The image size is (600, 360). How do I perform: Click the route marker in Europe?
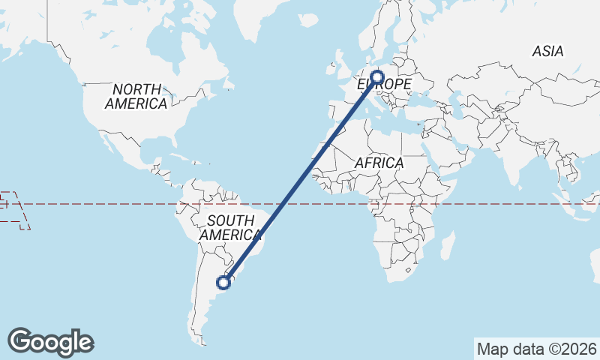[x=376, y=76]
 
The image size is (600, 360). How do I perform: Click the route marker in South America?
[x=223, y=282]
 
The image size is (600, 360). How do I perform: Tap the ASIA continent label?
[x=547, y=52]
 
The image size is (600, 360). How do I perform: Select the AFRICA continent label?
[x=379, y=163]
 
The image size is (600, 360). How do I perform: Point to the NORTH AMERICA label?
[x=136, y=97]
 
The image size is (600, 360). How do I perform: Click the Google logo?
[x=50, y=342]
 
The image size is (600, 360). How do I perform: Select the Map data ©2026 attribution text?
[x=537, y=349]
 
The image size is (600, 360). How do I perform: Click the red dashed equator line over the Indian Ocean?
[x=510, y=203]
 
